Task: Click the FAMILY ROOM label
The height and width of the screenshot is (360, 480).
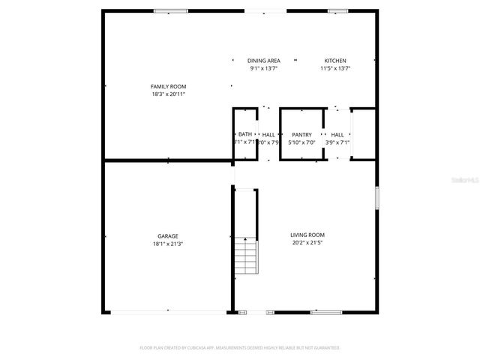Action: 168,86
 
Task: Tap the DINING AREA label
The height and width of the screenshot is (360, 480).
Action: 264,60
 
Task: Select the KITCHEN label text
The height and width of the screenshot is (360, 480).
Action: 335,60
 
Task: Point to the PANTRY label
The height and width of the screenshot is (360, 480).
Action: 301,134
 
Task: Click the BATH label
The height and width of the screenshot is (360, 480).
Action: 245,134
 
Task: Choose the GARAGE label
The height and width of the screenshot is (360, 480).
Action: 168,235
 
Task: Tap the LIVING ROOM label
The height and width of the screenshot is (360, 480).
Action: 307,235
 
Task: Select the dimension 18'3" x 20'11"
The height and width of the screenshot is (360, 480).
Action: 168,94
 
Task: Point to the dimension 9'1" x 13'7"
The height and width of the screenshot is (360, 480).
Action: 264,68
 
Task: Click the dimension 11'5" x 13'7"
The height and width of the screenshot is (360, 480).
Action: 335,68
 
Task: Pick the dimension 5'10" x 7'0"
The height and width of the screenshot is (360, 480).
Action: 301,142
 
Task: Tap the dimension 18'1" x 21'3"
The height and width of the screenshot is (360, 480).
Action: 168,244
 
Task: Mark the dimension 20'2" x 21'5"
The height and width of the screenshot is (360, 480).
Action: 307,243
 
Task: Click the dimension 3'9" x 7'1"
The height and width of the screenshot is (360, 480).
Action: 337,142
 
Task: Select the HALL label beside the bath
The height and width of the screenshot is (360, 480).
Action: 268,134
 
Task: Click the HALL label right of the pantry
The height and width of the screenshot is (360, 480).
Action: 337,134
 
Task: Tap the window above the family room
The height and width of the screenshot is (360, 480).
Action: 171,10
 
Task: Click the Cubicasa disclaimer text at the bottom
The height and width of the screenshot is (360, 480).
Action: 240,348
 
